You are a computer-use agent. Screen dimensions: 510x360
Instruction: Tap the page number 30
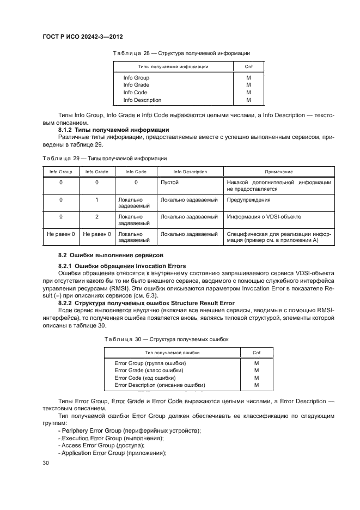tap(46, 463)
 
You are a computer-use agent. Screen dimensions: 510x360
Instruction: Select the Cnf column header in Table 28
tap(248, 66)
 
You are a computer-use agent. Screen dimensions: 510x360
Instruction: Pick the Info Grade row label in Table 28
tap(136, 85)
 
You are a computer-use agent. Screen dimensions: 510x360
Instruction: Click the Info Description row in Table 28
tap(142, 100)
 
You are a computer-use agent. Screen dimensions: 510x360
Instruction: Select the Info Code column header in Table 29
tap(136, 172)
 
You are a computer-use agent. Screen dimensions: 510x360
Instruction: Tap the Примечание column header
tap(279, 172)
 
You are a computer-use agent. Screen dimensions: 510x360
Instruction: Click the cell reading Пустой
tap(169, 183)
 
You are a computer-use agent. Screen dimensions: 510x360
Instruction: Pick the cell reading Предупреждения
tap(248, 200)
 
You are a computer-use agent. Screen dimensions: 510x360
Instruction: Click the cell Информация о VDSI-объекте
tap(264, 217)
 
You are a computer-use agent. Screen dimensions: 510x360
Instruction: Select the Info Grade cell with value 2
tap(96, 217)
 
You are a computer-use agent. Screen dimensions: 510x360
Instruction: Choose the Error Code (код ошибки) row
tap(145, 377)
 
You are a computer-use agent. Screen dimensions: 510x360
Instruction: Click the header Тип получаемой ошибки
tap(172, 353)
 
